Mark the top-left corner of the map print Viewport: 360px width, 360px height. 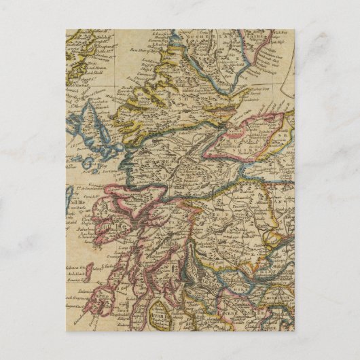click(x=66, y=29)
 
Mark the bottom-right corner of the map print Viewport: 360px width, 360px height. click(x=294, y=330)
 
